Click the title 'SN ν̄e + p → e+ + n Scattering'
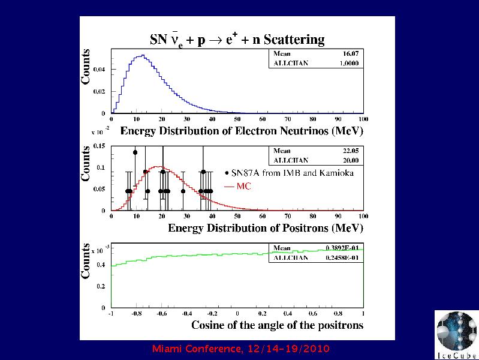(x=237, y=40)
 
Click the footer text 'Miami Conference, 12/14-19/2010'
(x=242, y=349)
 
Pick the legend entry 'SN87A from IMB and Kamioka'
(x=289, y=173)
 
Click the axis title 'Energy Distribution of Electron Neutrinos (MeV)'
(x=242, y=131)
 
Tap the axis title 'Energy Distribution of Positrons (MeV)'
(x=266, y=228)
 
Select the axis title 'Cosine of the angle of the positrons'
(x=278, y=325)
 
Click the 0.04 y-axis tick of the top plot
(x=100, y=70)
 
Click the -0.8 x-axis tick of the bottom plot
(x=137, y=313)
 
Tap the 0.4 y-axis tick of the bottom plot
(x=101, y=265)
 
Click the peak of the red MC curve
(x=158, y=166)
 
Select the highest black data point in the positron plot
(x=135, y=152)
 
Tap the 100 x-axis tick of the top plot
(x=362, y=119)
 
